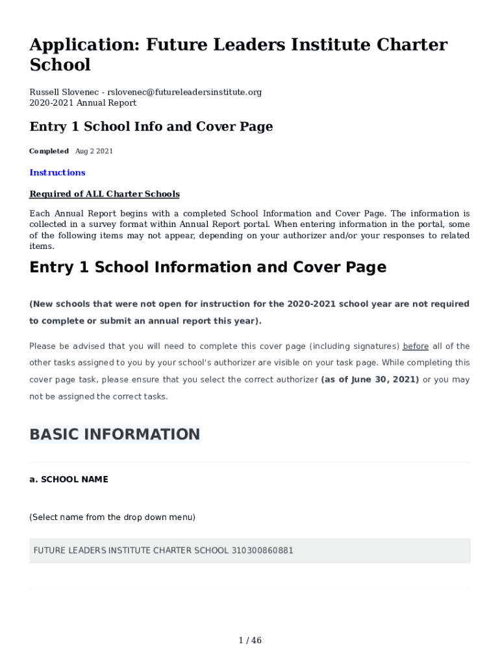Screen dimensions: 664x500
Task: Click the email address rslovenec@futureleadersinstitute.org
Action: [184, 92]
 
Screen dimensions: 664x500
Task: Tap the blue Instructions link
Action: [57, 172]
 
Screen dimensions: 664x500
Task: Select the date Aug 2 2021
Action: [94, 151]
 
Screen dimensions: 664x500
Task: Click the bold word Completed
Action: [49, 151]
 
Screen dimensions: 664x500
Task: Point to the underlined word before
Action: [416, 346]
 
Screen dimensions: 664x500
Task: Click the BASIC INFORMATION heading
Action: [115, 434]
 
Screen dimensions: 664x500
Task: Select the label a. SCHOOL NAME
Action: [69, 480]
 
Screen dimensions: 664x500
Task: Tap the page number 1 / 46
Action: [250, 641]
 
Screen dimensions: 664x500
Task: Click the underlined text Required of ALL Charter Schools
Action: [105, 195]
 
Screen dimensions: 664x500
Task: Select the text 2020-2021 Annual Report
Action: [83, 103]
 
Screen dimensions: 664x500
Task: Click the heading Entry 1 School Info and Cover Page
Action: [151, 127]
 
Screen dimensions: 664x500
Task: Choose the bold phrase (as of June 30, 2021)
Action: [370, 379]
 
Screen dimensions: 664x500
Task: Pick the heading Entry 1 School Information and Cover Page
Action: [208, 267]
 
